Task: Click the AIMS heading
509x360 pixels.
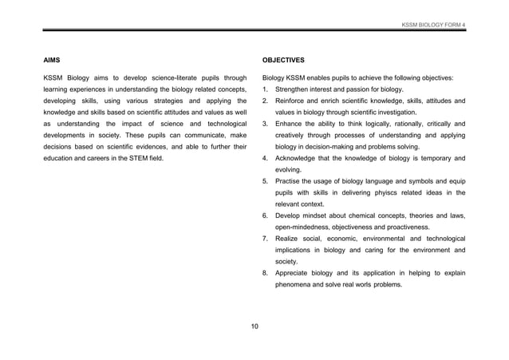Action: pyautogui.click(x=52, y=60)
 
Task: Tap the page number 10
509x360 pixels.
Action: pyautogui.click(x=254, y=326)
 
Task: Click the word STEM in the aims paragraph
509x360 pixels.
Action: pyautogui.click(x=136, y=158)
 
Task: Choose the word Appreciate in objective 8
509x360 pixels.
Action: pyautogui.click(x=296, y=273)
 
